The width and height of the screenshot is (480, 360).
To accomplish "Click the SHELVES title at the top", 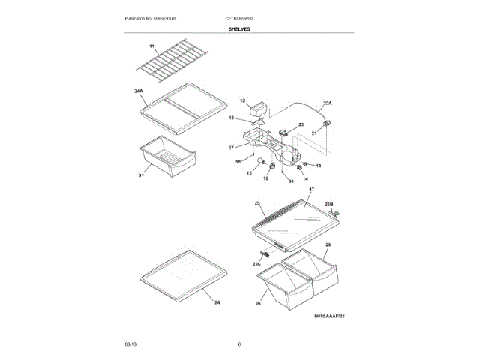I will (240, 29).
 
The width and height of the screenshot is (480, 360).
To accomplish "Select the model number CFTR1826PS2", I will (239, 18).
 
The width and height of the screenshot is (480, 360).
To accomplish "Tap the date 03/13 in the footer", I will (130, 343).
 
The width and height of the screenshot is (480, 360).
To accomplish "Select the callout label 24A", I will (139, 91).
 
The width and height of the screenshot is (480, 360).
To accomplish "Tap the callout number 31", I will (141, 175).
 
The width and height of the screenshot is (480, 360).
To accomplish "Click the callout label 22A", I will (327, 103).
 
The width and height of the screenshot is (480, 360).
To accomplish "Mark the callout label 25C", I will (256, 263).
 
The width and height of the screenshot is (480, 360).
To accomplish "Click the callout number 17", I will (232, 148).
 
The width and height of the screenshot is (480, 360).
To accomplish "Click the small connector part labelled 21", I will (326, 121).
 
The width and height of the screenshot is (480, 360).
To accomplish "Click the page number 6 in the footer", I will (239, 343).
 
